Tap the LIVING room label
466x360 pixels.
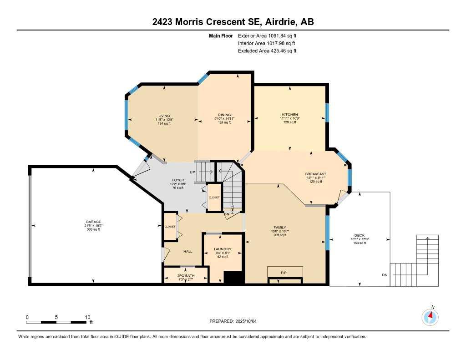click(x=164, y=115)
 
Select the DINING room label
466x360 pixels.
click(x=224, y=115)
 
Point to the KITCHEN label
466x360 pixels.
click(x=290, y=114)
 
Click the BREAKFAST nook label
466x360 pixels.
click(x=315, y=174)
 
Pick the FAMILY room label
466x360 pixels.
click(x=279, y=227)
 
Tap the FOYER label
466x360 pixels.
click(x=177, y=180)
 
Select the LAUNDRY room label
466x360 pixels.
click(x=223, y=249)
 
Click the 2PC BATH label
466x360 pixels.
click(x=186, y=276)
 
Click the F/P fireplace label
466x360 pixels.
click(x=284, y=273)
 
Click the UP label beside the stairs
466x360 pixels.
click(x=192, y=172)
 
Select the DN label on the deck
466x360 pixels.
click(x=385, y=275)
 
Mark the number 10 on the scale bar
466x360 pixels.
click(x=87, y=317)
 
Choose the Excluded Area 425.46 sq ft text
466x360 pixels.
click(x=267, y=51)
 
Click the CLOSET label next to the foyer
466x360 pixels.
click(x=214, y=198)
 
